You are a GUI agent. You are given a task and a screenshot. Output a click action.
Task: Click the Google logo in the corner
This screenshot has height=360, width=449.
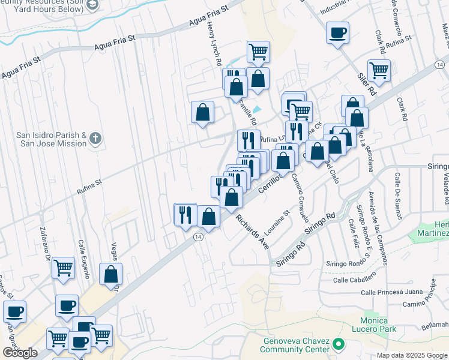20,353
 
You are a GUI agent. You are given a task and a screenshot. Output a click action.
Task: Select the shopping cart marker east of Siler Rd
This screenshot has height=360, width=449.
379,71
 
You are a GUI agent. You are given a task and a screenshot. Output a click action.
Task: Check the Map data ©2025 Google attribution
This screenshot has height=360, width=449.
412,355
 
